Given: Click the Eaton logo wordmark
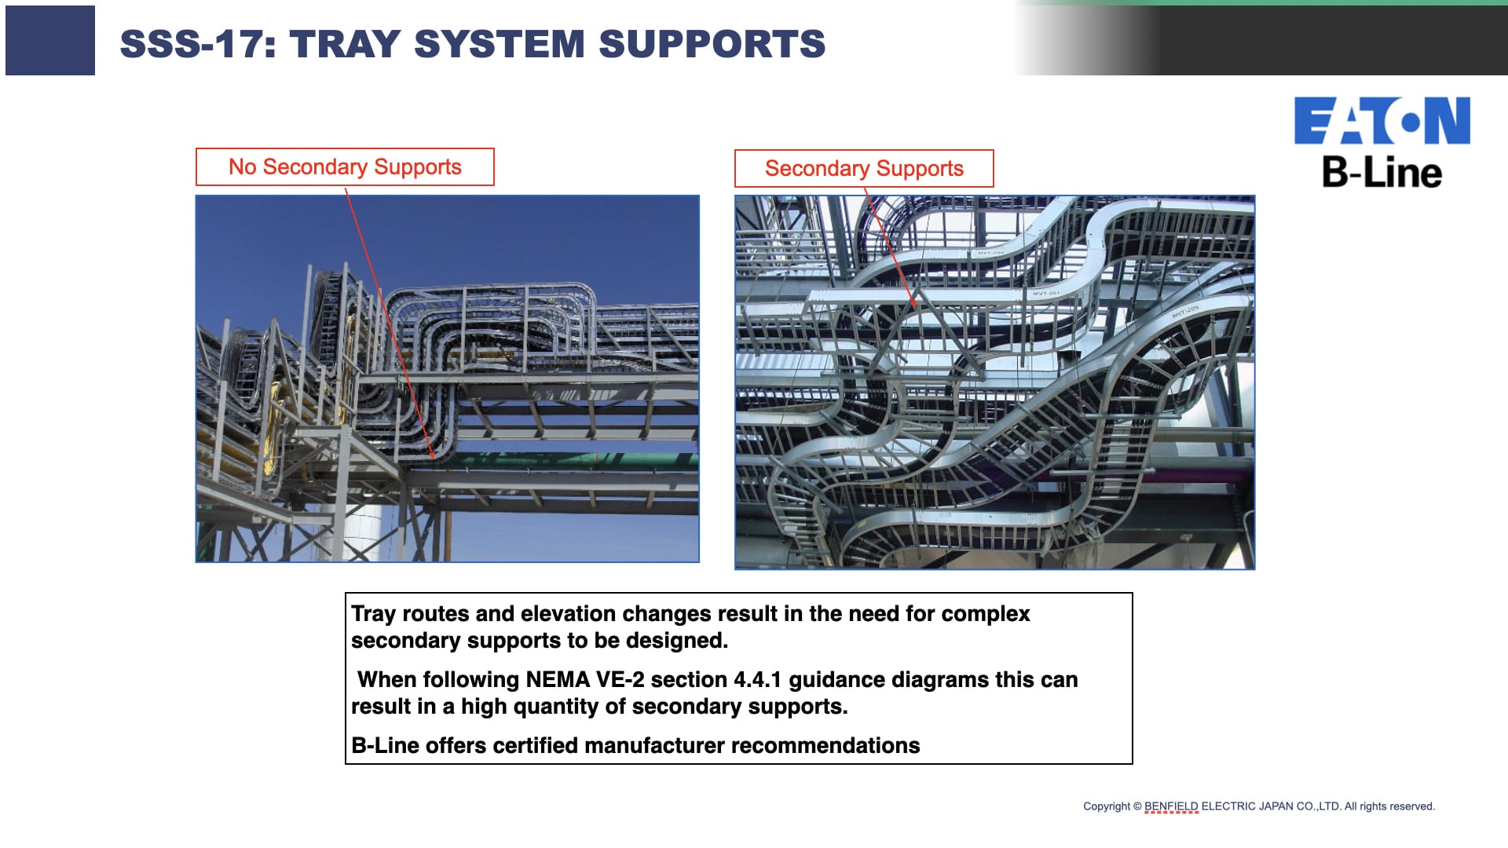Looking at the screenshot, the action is [x=1382, y=121].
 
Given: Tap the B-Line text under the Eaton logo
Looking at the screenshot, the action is [x=1382, y=172].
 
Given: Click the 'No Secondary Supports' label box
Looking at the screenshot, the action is [x=345, y=167].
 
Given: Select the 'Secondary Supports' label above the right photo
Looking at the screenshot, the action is [x=864, y=169].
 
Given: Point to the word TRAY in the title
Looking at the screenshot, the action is [x=346, y=44].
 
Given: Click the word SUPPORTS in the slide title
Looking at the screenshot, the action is [x=712, y=44].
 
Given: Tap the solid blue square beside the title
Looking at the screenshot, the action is [x=50, y=40].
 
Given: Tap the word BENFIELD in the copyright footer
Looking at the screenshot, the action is [x=1171, y=806].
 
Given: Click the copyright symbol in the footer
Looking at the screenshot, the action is [x=1137, y=806].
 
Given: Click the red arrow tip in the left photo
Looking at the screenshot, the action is [x=433, y=455].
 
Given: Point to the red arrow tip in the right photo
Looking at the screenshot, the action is [x=915, y=305].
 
